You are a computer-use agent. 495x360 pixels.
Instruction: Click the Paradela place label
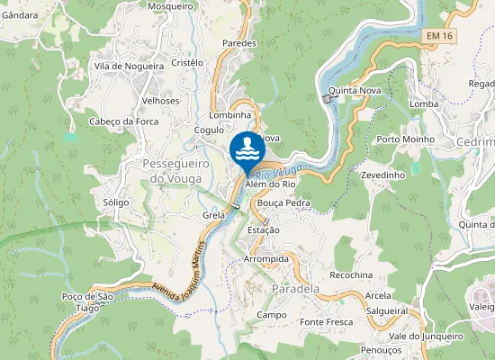[x=295, y=289]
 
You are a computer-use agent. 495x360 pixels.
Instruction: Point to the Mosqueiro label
[x=170, y=6]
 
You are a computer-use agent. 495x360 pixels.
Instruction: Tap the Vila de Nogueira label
[x=129, y=66]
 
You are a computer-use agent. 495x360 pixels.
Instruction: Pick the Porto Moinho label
[x=405, y=139]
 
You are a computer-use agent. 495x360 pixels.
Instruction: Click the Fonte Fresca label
[x=326, y=322]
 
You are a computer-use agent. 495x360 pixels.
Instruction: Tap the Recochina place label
[x=351, y=274]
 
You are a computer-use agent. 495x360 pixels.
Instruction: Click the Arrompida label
[x=266, y=258]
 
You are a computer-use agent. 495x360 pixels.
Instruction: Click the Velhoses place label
[x=160, y=101]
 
